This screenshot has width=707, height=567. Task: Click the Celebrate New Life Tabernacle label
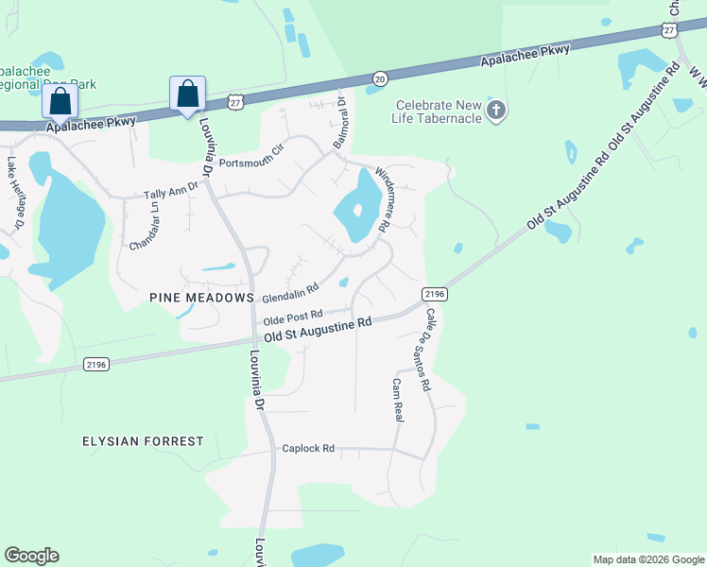pyautogui.click(x=439, y=111)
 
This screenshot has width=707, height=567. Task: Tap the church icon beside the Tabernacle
pyautogui.click(x=495, y=112)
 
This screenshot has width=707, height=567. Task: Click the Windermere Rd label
pyautogui.click(x=382, y=199)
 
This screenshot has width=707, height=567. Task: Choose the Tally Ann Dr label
pyautogui.click(x=171, y=192)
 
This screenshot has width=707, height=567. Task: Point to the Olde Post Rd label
pyautogui.click(x=293, y=317)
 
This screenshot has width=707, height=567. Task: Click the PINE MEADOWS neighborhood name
pyautogui.click(x=202, y=297)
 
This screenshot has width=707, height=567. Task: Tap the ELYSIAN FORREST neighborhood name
pyautogui.click(x=143, y=441)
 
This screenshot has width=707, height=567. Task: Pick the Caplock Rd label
pyautogui.click(x=308, y=448)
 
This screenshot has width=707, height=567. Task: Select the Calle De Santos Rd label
pyautogui.click(x=422, y=350)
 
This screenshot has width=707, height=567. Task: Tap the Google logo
pyautogui.click(x=31, y=556)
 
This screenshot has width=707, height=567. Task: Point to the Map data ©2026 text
pyautogui.click(x=647, y=559)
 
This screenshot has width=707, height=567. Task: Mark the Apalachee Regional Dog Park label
pyautogui.click(x=47, y=77)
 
